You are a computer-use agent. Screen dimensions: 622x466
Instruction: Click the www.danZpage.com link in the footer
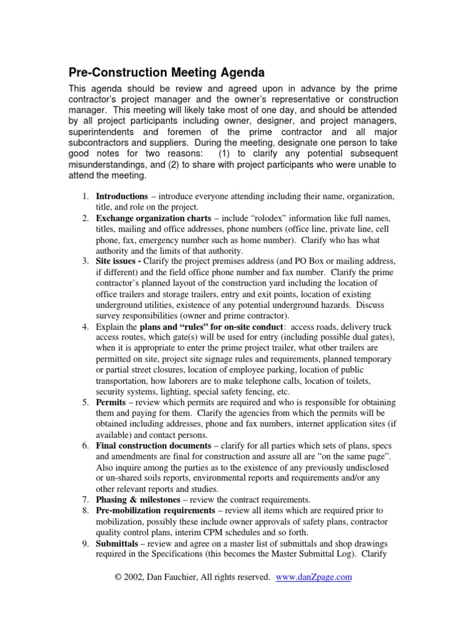[314, 577]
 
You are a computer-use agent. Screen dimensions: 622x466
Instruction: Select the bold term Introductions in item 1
[122, 197]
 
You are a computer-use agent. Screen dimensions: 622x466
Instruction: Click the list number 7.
[86, 499]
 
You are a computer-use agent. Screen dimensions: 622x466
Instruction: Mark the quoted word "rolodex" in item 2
[263, 217]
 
